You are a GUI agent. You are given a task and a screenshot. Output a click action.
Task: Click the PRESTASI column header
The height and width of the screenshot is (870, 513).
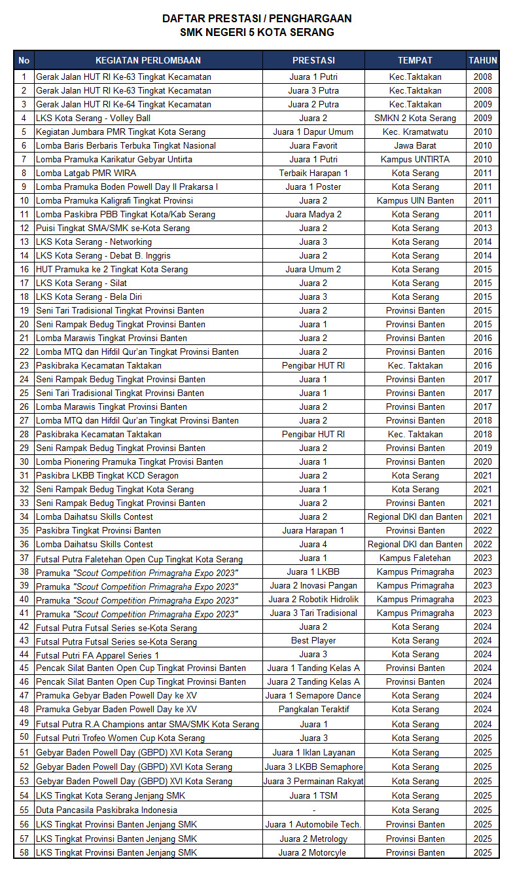(313, 60)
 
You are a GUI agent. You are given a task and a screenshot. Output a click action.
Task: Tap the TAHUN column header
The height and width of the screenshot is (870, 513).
(483, 60)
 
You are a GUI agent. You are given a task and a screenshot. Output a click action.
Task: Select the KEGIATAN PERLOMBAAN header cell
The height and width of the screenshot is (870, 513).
(148, 60)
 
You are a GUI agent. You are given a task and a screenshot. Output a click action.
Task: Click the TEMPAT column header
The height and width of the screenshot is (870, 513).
(415, 60)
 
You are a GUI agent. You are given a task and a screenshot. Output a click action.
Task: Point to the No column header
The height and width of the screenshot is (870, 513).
(24, 60)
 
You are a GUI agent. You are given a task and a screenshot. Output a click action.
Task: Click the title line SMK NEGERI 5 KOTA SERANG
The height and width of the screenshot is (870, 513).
(257, 32)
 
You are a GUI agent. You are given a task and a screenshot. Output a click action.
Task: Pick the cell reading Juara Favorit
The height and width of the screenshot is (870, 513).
(313, 145)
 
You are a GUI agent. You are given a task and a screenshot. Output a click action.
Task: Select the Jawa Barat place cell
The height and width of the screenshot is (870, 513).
(415, 145)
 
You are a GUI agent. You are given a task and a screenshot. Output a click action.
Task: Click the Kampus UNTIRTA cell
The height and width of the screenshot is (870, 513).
(415, 159)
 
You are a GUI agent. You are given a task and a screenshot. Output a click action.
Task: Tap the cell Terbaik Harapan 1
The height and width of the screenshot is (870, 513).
(313, 173)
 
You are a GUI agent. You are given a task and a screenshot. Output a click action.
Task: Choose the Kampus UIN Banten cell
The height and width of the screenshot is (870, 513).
(415, 200)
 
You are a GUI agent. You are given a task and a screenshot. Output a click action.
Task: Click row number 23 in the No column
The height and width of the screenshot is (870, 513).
(24, 365)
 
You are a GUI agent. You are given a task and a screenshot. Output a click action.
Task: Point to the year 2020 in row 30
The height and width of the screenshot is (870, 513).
(483, 462)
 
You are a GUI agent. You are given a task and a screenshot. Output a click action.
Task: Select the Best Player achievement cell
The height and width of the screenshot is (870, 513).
(313, 640)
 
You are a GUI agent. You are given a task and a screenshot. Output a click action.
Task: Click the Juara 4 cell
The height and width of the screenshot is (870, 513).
(313, 544)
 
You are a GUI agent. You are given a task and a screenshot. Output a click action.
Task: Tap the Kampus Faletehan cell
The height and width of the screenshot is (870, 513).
(415, 558)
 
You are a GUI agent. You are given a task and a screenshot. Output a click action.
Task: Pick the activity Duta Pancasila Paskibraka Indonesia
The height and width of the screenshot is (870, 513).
(107, 810)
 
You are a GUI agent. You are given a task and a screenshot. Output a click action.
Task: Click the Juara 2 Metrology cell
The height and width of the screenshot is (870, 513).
(313, 839)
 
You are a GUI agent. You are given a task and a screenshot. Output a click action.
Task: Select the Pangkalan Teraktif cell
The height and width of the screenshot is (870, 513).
(313, 709)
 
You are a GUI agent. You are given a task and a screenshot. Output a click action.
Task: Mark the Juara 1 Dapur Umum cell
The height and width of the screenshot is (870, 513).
(313, 132)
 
